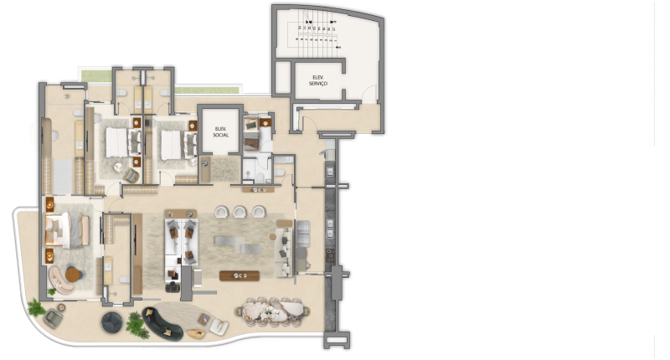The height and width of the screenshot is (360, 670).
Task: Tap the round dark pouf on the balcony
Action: click(112, 321)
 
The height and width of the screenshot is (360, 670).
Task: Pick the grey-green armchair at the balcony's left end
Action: click(53, 316)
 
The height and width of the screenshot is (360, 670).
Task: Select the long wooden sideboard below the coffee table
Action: click(237, 275)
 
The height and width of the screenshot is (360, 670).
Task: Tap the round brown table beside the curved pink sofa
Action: click(74, 274)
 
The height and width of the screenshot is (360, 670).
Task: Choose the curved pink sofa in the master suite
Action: click(59, 276)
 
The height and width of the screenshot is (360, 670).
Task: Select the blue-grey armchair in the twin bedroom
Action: click(132, 174)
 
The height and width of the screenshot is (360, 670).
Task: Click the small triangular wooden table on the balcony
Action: click(198, 331)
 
